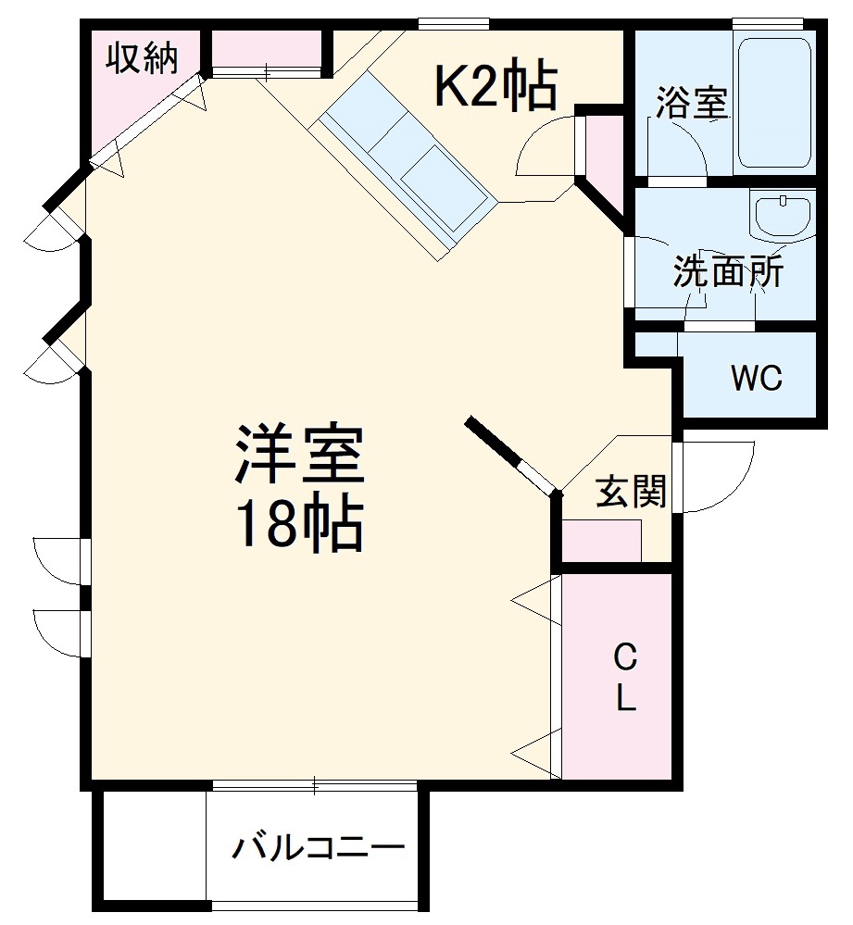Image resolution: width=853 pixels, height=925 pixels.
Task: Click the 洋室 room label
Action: point(299,454)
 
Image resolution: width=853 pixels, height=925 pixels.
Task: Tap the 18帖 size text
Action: point(299,525)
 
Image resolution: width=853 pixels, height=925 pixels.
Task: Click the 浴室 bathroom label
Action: point(691,103)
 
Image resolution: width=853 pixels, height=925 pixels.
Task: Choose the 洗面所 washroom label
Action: point(728,271)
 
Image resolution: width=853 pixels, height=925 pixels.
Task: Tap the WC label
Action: point(757,378)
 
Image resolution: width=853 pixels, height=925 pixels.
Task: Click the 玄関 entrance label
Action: point(631,492)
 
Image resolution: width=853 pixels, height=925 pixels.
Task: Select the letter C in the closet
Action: point(626,659)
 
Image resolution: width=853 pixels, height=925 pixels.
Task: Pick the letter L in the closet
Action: point(626,699)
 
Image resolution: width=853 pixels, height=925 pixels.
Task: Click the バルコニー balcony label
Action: point(318,847)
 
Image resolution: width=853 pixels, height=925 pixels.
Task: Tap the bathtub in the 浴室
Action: point(773,102)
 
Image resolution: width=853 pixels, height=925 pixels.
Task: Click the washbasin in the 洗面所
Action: point(784,216)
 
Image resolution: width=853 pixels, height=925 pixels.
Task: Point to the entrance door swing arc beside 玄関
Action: point(718,477)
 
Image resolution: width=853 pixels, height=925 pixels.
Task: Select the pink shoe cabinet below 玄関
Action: point(602,542)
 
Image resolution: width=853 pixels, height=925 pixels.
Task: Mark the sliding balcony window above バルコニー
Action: point(315,787)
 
